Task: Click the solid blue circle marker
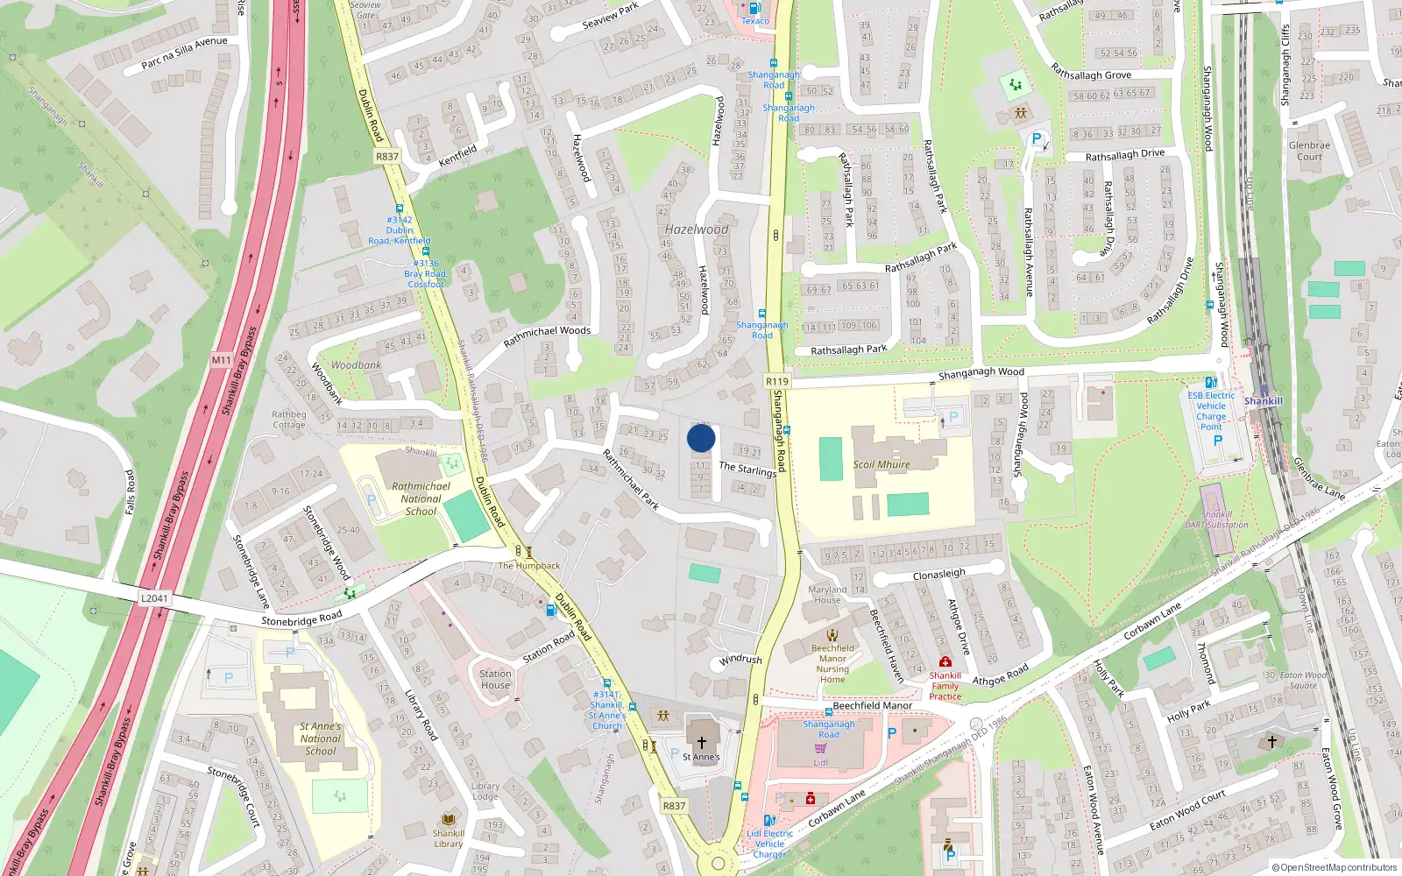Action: coord(701,438)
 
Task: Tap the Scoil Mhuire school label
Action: coord(882,464)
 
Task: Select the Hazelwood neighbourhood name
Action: coord(697,230)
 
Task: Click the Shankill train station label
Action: coord(1263,401)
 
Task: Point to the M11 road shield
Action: coord(221,360)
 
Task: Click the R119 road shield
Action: coord(776,381)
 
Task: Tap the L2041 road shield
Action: coord(154,599)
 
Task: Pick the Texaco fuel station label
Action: coord(754,21)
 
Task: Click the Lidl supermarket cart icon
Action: coord(820,749)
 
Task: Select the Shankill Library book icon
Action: coord(449,820)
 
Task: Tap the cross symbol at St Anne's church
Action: coord(701,743)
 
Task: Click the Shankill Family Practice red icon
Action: coord(945,662)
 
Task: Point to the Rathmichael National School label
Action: coord(421,498)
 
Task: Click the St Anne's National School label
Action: coord(320,738)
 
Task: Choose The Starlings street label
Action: coord(747,469)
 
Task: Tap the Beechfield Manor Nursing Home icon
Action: coord(832,635)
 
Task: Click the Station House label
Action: coord(495,680)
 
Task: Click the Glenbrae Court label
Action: coord(1309,151)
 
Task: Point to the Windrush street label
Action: coord(740,660)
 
